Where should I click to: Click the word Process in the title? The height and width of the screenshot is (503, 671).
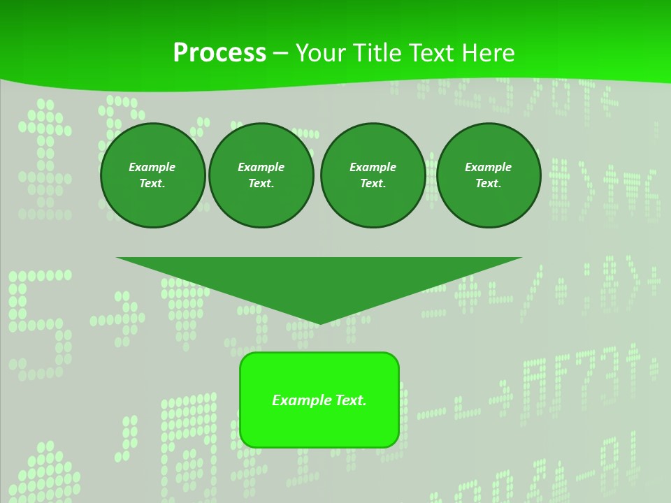coord(219,53)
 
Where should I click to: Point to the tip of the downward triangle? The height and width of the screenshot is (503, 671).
coord(319,323)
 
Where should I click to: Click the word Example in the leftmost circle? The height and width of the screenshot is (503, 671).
coord(152,167)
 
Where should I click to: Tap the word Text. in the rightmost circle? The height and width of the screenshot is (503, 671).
coord(489,183)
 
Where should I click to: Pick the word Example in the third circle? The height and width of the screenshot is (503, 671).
coord(373,167)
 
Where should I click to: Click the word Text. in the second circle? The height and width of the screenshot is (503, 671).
coord(261,183)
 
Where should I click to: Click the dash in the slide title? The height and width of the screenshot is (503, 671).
coord(280,53)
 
